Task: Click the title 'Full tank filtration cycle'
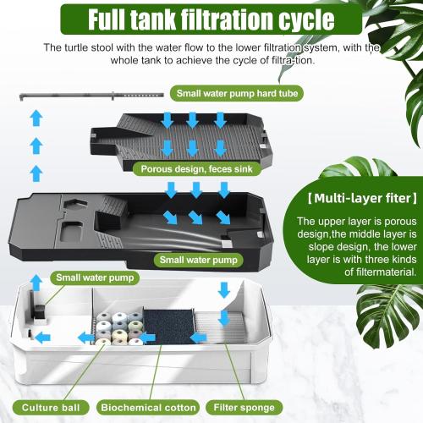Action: [211, 19]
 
